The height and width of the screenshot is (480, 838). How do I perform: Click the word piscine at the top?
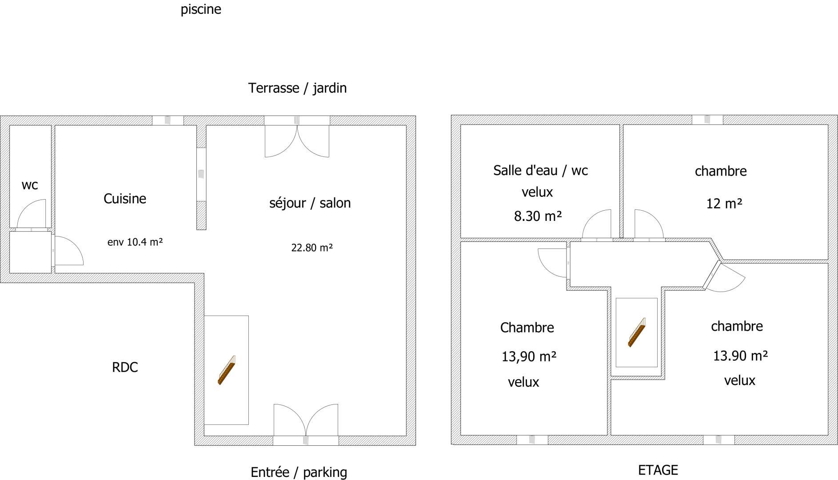tap(201, 9)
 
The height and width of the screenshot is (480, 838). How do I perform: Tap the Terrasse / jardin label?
tap(297, 88)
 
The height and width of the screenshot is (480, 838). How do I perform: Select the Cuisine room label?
tap(125, 198)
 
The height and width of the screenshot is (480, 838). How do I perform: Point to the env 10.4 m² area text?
tap(135, 242)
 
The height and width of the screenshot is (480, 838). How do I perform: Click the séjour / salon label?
tap(310, 203)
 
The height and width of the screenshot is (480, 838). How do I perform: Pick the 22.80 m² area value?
tap(312, 248)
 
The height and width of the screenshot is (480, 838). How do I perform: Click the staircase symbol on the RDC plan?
tap(227, 370)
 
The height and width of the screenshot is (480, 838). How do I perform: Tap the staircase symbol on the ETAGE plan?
tap(637, 332)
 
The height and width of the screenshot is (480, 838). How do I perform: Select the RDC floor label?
tap(125, 367)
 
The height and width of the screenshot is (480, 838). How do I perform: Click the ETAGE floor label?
tap(658, 470)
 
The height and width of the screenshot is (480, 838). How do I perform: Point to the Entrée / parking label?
tap(299, 472)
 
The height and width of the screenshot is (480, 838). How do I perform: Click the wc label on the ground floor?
tap(30, 185)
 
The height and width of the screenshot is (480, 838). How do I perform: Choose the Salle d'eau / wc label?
tap(541, 170)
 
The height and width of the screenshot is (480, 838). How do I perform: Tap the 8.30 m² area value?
tap(538, 216)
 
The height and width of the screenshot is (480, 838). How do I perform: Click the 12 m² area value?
tap(724, 204)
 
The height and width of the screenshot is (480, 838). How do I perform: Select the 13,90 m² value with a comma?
tap(529, 356)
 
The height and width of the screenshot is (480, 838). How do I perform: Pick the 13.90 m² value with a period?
tap(741, 356)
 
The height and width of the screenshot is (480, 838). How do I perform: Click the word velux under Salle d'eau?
tap(537, 192)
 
